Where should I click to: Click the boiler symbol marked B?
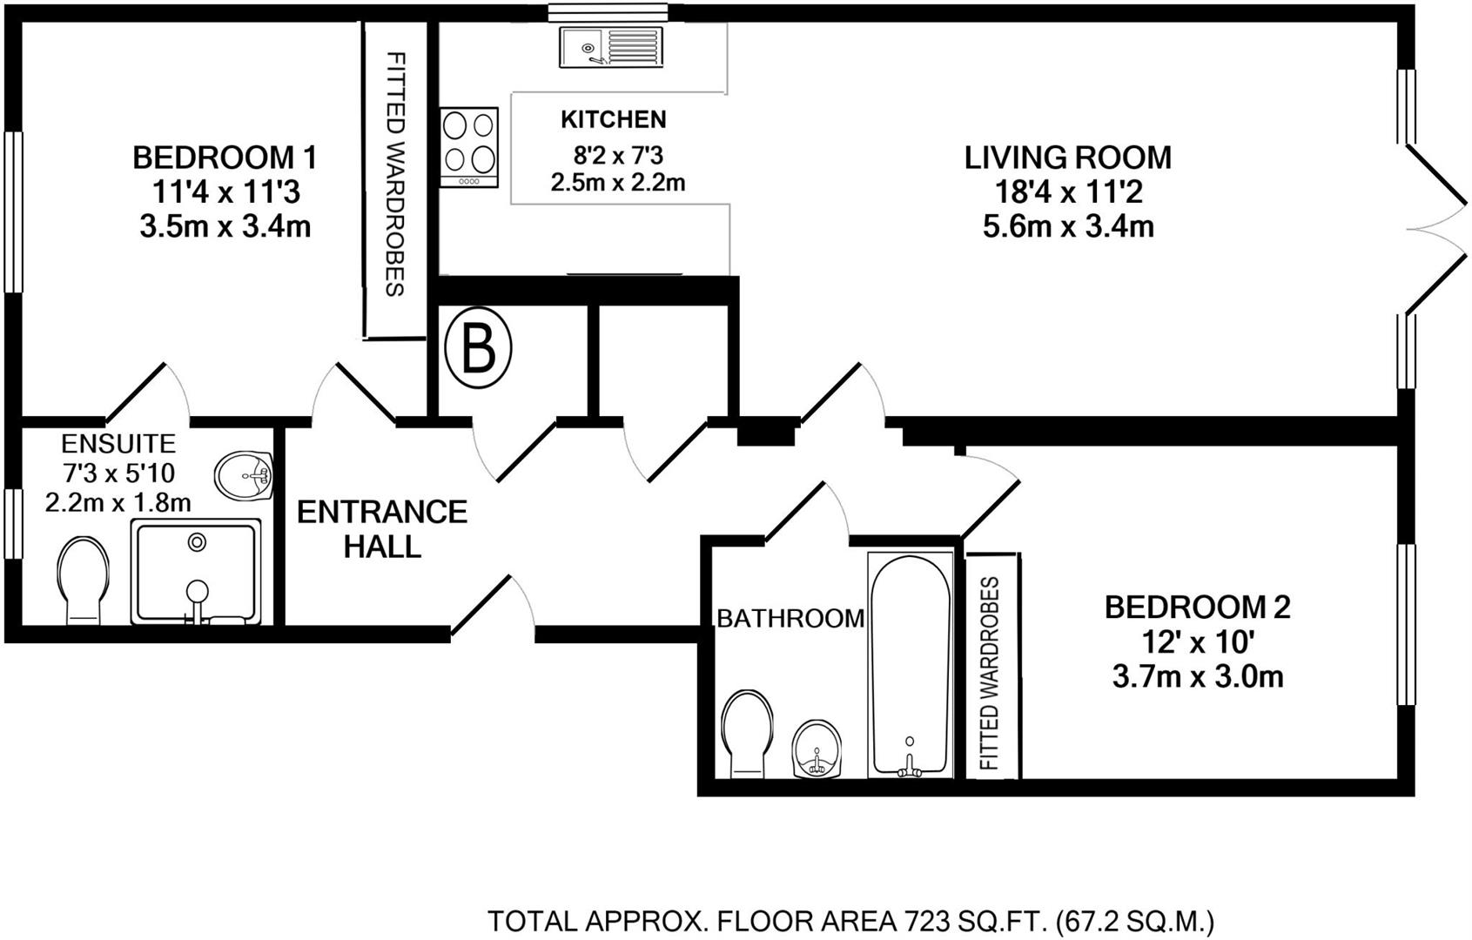tap(478, 348)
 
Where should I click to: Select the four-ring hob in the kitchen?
tap(469, 146)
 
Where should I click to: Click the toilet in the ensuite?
tap(83, 580)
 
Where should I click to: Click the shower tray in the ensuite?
tap(197, 571)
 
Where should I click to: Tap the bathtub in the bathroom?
tap(910, 666)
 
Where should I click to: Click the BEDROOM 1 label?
tap(225, 158)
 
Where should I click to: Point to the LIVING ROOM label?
tap(1067, 158)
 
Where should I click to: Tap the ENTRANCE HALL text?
tap(382, 528)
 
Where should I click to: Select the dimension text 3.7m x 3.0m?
tap(1198, 676)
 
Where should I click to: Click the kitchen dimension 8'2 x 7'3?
tap(617, 156)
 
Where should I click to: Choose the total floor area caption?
tap(850, 920)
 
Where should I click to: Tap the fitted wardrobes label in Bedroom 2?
tap(991, 674)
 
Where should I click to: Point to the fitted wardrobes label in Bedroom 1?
tap(395, 174)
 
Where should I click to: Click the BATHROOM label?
tap(790, 618)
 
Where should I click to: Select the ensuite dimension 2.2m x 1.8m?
tap(118, 503)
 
